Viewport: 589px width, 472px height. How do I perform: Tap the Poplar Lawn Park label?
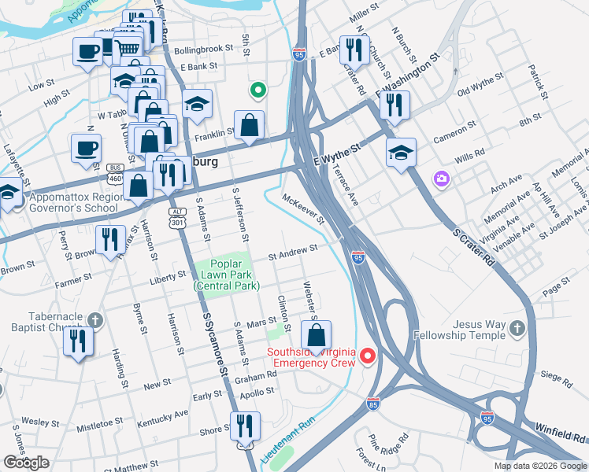[x=227, y=276]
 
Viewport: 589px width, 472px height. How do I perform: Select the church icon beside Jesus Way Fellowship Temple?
[x=517, y=327]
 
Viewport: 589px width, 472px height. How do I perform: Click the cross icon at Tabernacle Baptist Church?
[x=94, y=320]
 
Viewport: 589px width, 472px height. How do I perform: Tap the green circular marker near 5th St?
[x=257, y=90]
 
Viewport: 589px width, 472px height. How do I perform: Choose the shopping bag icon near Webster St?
[x=316, y=336]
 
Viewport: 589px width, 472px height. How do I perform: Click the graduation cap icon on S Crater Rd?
[x=401, y=153]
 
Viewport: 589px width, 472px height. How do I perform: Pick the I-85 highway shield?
[x=373, y=404]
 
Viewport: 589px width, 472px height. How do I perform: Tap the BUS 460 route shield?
[x=115, y=172]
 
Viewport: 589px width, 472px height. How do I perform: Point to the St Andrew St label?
[x=292, y=251]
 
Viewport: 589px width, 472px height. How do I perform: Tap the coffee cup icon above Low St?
[x=87, y=53]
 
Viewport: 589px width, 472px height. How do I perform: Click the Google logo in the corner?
[x=26, y=462]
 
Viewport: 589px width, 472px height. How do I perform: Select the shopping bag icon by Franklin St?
[x=249, y=125]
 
